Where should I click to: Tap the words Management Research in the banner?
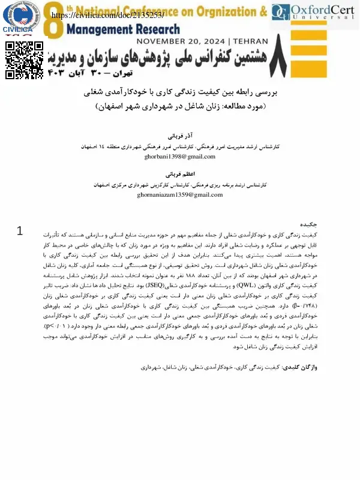pos(123,28)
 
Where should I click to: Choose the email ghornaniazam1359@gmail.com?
pos(180,196)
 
